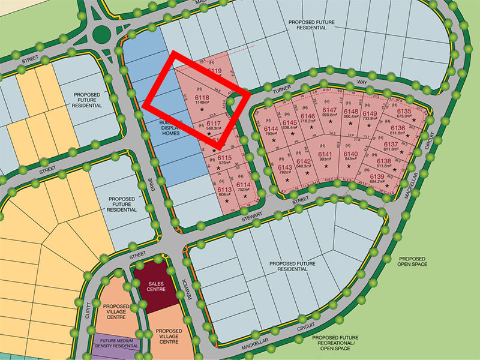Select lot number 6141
click(325, 154)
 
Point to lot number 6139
click(377, 176)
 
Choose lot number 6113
click(225, 188)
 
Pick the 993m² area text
click(325, 160)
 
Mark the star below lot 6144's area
click(273, 140)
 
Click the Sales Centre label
click(155, 289)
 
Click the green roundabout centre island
click(100, 32)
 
